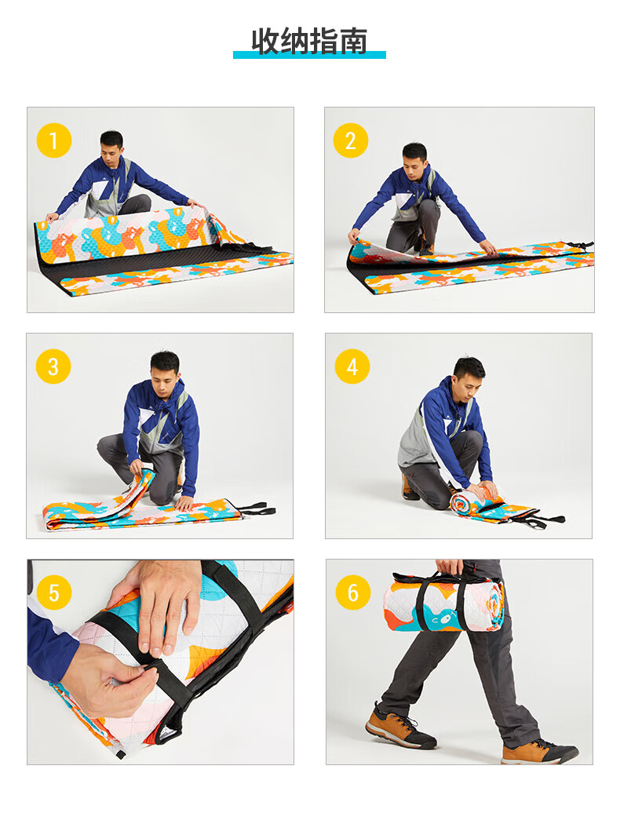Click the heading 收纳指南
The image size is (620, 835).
click(309, 41)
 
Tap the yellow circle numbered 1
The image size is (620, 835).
click(54, 140)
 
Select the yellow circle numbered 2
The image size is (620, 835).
click(351, 140)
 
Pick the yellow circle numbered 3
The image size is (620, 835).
click(53, 366)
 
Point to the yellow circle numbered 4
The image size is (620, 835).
click(352, 366)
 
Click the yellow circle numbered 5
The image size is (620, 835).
click(54, 593)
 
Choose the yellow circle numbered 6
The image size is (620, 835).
click(353, 593)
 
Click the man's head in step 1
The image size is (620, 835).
click(112, 145)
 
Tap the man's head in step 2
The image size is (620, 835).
click(414, 159)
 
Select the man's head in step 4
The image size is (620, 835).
click(469, 374)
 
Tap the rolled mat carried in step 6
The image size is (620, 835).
click(443, 606)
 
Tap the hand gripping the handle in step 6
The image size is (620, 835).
click(449, 567)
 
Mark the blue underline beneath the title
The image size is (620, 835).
click(309, 54)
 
